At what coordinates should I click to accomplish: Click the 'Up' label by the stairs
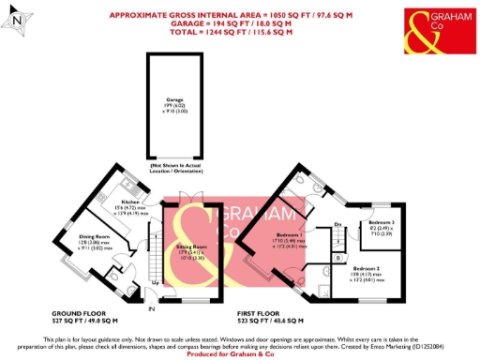154,281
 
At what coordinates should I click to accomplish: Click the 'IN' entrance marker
151,307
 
